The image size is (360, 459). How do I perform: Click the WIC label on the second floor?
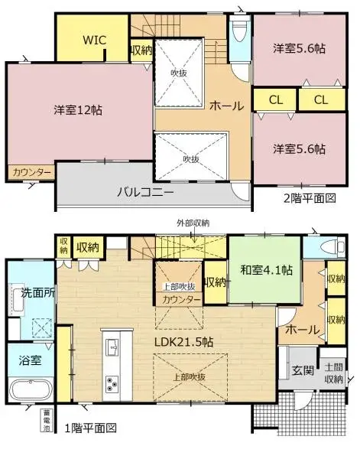pyautogui.click(x=95, y=38)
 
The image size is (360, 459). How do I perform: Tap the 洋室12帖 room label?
pyautogui.click(x=78, y=109)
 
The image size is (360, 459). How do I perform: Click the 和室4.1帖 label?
pyautogui.click(x=265, y=269)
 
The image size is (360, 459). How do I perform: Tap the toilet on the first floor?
pyautogui.click(x=332, y=247)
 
